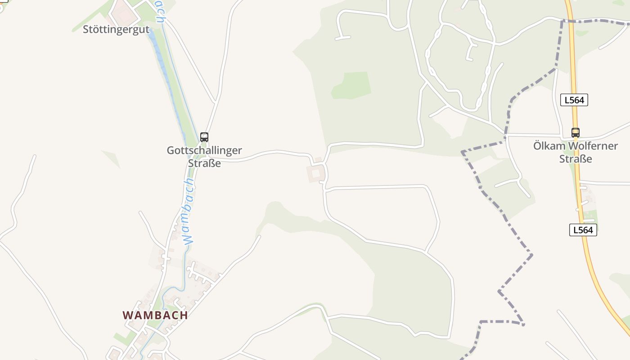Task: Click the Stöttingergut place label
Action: pos(116,30)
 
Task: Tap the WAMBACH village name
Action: pos(155,315)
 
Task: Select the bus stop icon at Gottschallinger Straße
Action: pos(204,137)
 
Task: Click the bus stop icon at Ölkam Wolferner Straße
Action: pos(576,133)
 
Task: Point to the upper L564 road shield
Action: pos(574,100)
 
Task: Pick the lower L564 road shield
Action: pos(583,230)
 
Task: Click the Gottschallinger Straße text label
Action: pos(204,157)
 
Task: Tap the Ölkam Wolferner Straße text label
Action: pos(576,152)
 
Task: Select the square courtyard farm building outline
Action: pos(315,173)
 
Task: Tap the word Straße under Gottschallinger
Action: pos(204,163)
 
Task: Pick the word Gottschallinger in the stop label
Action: pos(204,150)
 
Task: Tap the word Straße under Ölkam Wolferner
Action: pos(576,159)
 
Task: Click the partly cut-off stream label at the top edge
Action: pos(160,11)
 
